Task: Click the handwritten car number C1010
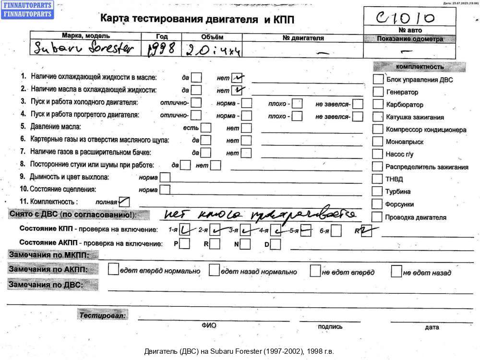[407, 18]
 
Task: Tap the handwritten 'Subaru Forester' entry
[84, 48]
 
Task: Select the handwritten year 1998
[161, 48]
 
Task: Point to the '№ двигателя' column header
[303, 38]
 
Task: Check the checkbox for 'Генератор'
[378, 92]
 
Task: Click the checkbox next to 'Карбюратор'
[378, 104]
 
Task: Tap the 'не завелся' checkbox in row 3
[358, 104]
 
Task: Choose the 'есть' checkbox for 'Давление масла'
[206, 128]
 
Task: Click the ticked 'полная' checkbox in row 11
[124, 202]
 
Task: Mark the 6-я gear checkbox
[336, 231]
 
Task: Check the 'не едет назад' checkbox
[396, 271]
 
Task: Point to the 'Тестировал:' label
[103, 315]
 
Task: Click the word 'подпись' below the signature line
[330, 327]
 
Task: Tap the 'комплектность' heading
[420, 67]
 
